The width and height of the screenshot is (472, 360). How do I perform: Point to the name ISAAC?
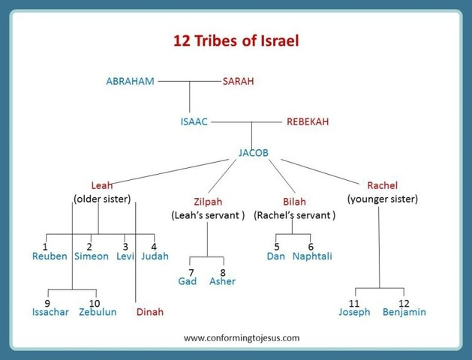point(194,121)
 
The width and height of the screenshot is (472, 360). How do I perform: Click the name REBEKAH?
point(308,121)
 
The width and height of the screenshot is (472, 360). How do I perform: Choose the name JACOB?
point(254,153)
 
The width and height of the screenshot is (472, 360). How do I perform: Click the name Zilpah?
point(208,202)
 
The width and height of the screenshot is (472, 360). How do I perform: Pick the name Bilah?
point(294,202)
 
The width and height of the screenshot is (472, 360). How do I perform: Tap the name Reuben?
point(50,256)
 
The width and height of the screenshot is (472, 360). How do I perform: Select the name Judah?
point(155,256)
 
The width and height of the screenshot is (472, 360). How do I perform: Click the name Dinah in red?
point(149,312)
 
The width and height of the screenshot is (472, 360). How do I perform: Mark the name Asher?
point(223,281)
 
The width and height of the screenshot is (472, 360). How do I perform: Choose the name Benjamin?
point(404,312)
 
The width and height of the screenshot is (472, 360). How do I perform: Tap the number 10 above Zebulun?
point(95,302)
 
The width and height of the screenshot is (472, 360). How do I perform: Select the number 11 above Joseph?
point(354,302)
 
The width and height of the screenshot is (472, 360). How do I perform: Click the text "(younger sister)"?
point(383,199)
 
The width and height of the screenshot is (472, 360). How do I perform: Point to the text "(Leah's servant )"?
point(208,215)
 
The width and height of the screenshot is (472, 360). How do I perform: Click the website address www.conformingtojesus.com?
point(242,337)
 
